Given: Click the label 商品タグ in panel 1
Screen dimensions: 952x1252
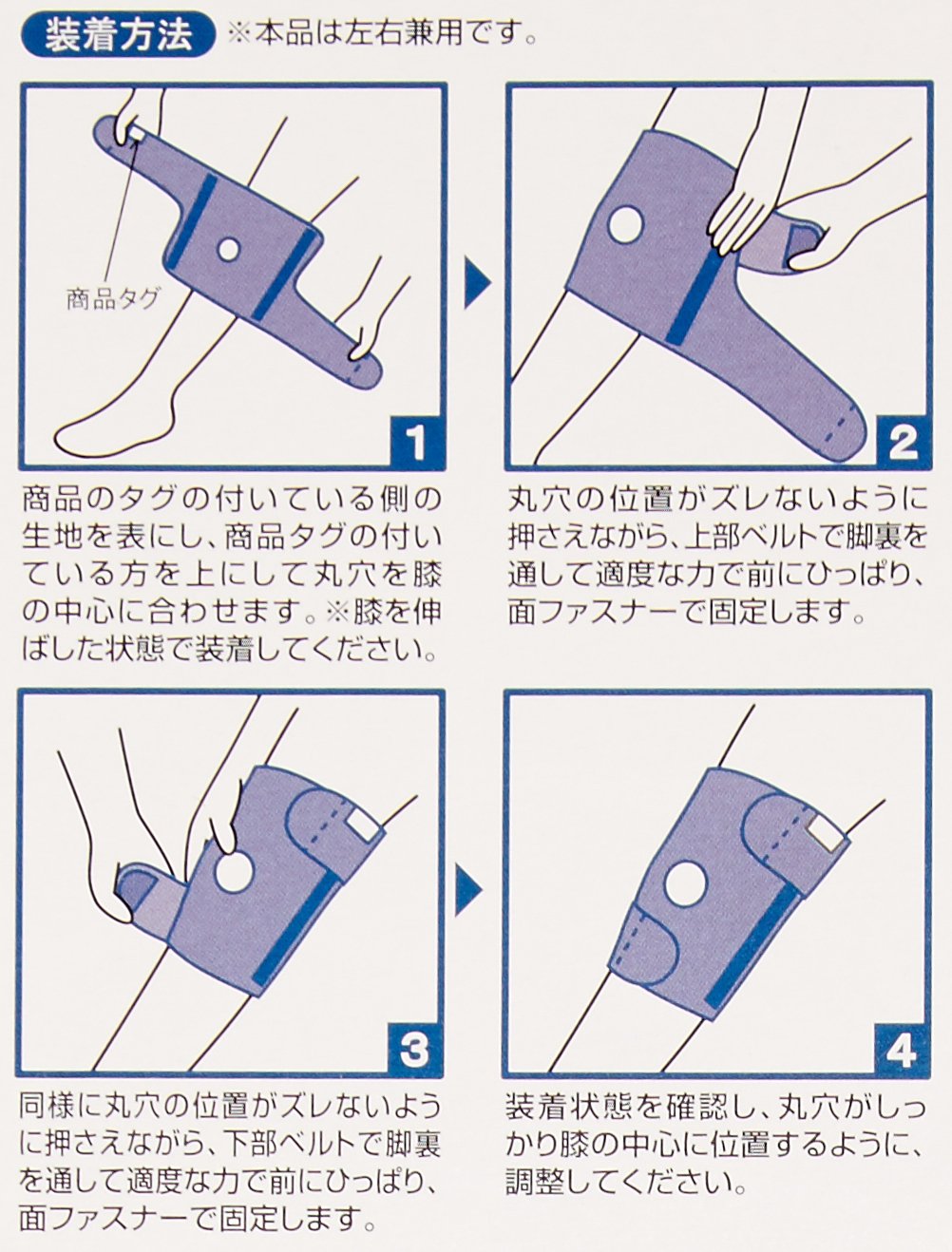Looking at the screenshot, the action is [112, 299].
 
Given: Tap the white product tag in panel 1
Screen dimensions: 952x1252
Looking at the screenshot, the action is [138, 132].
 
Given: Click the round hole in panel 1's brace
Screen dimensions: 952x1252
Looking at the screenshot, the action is [228, 249].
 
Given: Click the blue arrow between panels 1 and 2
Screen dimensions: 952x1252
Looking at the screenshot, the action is [478, 283].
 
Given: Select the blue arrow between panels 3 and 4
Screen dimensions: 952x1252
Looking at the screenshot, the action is [467, 890].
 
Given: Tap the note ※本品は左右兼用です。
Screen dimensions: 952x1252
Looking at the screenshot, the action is [381, 36].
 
